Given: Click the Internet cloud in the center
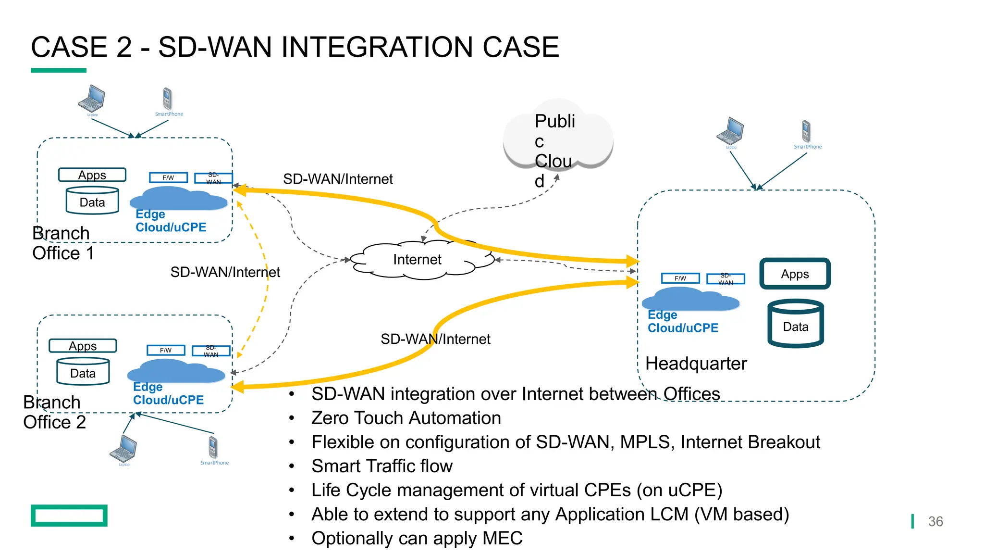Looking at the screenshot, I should point(417,260).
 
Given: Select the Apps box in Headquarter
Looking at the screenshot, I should point(795,274).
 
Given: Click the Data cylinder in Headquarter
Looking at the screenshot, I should point(796,324).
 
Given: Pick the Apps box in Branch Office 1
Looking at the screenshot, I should point(92,175).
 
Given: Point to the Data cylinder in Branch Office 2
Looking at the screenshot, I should point(83,372).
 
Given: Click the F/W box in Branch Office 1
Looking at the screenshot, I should point(168,177).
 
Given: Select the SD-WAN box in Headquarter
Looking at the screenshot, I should point(726,279).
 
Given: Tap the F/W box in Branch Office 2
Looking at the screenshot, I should point(166,350).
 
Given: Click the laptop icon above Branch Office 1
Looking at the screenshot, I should point(92,99).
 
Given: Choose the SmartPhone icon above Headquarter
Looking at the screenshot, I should point(806,132).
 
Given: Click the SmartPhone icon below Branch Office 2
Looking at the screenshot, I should point(213,448).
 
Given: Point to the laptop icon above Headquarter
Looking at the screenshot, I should point(730,131).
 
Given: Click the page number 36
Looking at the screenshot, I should point(935,522).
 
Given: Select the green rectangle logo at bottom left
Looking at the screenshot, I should point(69,516).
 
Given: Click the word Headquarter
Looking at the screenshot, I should point(696,364).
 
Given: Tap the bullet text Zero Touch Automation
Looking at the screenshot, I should point(406,418).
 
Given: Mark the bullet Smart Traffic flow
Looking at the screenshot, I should point(381,466).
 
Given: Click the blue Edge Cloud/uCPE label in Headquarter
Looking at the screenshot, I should point(682,321).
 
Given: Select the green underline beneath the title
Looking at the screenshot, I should point(59,71).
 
